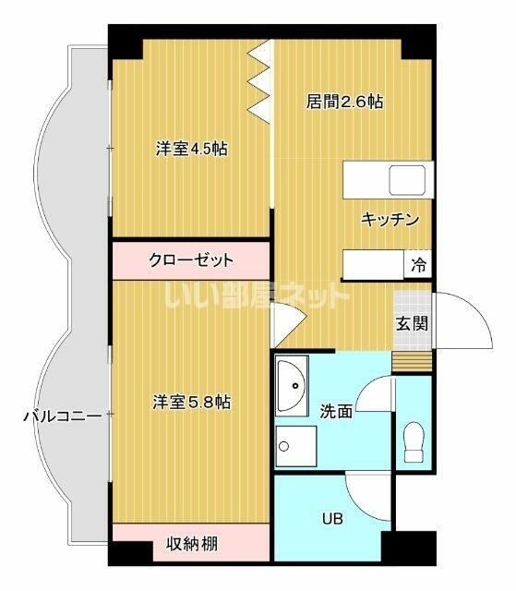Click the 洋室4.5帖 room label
(191, 149)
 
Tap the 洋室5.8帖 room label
(191, 403)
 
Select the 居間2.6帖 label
(344, 103)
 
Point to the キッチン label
(390, 220)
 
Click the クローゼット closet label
(191, 260)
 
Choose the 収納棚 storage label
(192, 543)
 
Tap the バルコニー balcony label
(62, 416)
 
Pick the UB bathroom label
(331, 519)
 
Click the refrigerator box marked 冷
(418, 265)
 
